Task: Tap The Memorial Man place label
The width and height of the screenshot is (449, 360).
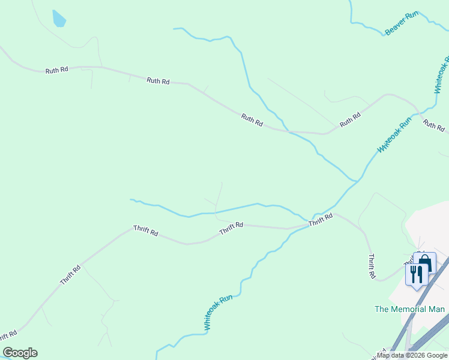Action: point(409,309)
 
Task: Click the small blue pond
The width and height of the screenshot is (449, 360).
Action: point(59,19)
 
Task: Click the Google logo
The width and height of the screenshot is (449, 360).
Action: point(20,353)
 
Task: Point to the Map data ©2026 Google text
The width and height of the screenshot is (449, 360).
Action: point(412,355)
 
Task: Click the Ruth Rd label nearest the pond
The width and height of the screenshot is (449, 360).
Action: point(56,70)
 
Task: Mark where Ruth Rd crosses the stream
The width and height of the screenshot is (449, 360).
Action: point(289,131)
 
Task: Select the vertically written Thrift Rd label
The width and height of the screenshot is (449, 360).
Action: point(372,266)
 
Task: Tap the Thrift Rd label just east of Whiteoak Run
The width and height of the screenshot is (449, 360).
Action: point(321,220)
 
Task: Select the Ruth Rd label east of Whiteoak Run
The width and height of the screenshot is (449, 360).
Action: point(433,125)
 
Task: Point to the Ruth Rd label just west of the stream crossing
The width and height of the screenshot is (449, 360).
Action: point(252,120)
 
